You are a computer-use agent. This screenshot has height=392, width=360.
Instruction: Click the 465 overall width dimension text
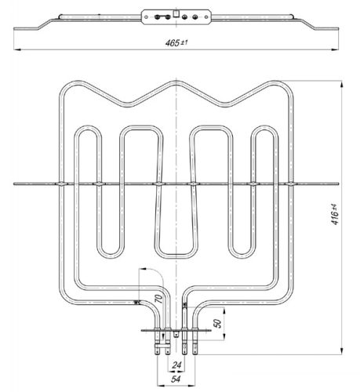[176, 42]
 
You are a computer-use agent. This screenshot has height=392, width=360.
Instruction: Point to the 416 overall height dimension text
[335, 214]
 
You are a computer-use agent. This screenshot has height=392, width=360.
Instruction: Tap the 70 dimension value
[159, 298]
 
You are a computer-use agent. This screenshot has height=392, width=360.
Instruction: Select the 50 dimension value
[217, 323]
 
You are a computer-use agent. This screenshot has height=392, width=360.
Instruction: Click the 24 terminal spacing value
[176, 365]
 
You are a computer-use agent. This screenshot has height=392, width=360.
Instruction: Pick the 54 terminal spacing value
[176, 379]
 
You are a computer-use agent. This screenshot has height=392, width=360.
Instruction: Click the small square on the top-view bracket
[176, 13]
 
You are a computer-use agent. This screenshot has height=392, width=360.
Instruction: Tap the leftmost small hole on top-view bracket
[146, 17]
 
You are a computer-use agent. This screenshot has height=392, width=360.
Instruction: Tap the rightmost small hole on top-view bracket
[206, 17]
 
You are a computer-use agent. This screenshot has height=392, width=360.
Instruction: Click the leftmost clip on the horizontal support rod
[61, 184]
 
